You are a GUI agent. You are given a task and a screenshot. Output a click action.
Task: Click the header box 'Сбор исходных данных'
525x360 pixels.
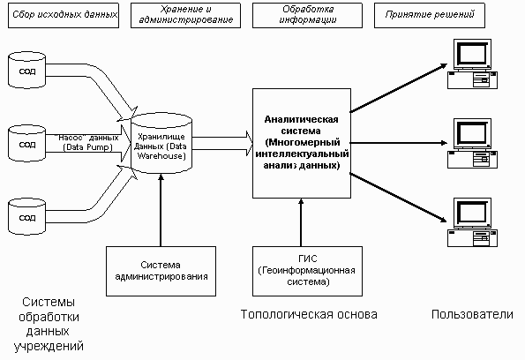[64, 15]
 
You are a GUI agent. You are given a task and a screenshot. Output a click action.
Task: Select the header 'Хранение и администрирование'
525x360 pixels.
[185, 15]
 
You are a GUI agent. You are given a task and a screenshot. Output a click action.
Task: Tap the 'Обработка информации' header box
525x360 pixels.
[307, 15]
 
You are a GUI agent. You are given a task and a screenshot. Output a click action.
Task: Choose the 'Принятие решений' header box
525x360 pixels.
[430, 15]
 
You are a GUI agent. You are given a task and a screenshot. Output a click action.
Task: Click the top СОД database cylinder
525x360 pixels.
[26, 70]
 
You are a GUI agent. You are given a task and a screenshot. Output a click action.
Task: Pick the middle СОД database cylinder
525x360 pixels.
[26, 143]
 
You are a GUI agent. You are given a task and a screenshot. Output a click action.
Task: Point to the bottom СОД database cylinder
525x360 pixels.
[26, 216]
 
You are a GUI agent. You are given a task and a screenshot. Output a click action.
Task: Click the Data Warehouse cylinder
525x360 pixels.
[161, 143]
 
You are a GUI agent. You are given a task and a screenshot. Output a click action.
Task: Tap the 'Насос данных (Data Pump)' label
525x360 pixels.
[87, 143]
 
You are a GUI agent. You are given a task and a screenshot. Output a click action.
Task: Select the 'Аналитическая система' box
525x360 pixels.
[302, 143]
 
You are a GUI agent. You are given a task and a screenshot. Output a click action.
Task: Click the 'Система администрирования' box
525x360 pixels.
[161, 271]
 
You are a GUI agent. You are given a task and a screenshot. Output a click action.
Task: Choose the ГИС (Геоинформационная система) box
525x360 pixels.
[307, 271]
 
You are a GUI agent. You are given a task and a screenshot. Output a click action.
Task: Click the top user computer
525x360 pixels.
[472, 64]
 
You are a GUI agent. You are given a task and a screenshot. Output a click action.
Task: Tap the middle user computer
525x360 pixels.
[472, 143]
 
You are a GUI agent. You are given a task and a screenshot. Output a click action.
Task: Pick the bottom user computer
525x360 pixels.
[472, 222]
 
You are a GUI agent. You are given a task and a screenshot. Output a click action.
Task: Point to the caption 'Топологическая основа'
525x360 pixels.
[309, 314]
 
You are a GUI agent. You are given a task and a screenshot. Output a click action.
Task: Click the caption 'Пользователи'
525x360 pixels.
[472, 314]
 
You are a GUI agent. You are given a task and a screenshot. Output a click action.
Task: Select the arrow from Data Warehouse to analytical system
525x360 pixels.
[222, 143]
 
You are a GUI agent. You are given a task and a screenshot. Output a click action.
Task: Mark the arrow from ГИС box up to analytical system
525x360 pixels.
[301, 222]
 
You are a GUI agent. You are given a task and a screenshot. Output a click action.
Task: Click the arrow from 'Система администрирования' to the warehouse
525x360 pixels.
[161, 210]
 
